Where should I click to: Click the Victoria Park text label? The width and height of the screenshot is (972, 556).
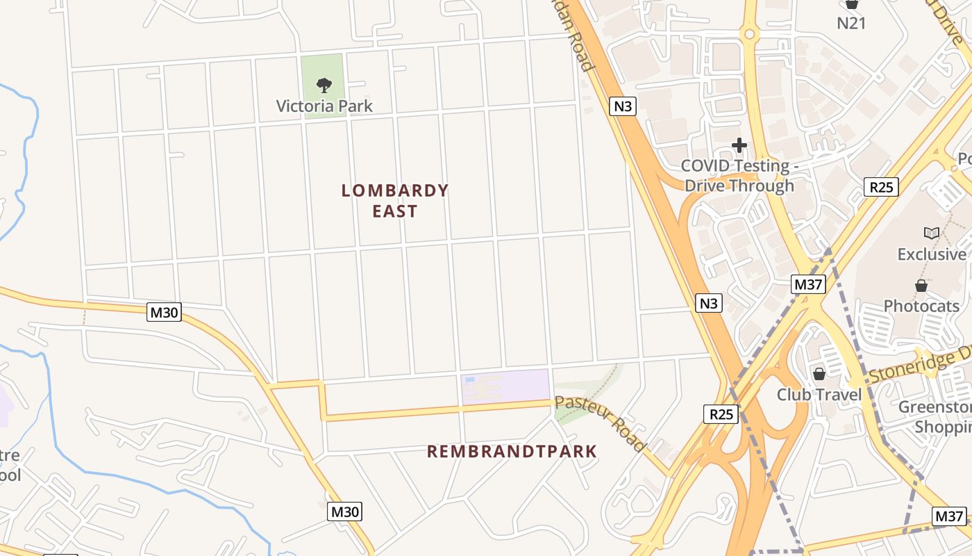[324, 106]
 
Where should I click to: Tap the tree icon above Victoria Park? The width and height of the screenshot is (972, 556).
[324, 85]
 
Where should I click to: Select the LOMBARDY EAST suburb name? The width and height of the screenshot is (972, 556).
[395, 201]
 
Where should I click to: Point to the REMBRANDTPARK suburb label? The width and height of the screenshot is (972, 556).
[512, 452]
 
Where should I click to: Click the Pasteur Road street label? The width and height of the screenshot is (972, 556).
[601, 423]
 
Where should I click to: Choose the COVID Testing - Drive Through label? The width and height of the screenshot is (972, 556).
[738, 176]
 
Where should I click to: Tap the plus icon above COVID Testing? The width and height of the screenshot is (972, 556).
[739, 145]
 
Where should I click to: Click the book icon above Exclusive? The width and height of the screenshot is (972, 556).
[931, 233]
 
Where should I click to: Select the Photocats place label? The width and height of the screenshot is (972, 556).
[921, 306]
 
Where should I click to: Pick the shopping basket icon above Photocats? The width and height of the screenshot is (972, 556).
[921, 286]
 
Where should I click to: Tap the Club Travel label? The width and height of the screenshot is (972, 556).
[819, 395]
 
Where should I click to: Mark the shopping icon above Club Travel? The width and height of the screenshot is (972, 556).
[819, 374]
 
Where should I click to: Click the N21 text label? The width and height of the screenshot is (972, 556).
[851, 23]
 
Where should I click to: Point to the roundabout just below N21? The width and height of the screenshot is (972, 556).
[748, 33]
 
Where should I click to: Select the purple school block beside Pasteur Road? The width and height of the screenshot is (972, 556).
[505, 386]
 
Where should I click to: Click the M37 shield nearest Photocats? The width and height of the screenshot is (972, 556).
[808, 284]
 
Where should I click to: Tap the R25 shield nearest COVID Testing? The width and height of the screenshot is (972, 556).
[881, 186]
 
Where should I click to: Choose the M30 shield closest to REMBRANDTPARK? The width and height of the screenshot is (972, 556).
[345, 512]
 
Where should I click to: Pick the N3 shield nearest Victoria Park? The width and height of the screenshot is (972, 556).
[623, 106]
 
